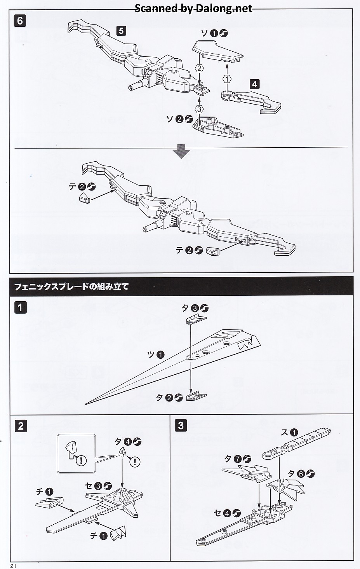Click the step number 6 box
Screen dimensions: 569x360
point(20,21)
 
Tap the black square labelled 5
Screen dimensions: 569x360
point(122,30)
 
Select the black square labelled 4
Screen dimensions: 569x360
point(254,84)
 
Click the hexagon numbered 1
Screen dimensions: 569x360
point(227,79)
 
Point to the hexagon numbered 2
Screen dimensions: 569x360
point(199,68)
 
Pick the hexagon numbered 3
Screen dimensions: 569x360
point(199,109)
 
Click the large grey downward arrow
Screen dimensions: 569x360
point(181,152)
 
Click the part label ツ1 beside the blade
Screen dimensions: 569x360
point(155,354)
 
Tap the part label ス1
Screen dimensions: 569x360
point(289,432)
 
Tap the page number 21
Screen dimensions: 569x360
point(13,566)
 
